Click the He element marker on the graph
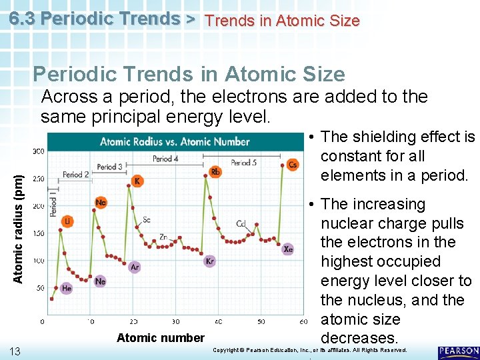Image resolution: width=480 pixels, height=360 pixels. click(x=67, y=288)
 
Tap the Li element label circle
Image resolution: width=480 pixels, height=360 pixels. click(x=68, y=221)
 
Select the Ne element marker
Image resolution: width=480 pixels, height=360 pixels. click(x=100, y=281)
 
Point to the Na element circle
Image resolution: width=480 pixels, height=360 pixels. click(x=101, y=203)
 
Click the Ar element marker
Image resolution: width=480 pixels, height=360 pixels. click(x=134, y=267)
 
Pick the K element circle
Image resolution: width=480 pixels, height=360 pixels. click(x=137, y=181)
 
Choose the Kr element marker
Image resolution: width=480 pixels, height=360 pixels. click(x=210, y=261)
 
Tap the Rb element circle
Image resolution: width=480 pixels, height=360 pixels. click(x=215, y=172)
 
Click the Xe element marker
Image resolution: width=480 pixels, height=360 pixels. click(x=287, y=249)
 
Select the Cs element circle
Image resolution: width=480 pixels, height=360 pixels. click(x=293, y=165)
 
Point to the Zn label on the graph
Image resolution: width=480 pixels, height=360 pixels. click(x=164, y=237)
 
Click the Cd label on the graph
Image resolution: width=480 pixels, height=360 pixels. click(x=242, y=224)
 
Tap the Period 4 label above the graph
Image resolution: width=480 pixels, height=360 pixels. click(x=166, y=159)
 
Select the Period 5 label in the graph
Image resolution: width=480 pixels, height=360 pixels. click(x=244, y=162)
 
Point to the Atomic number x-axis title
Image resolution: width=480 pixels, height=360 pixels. click(x=161, y=338)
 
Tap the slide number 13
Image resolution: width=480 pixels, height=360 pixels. click(x=15, y=351)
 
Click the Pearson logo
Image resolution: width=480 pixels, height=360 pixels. click(x=458, y=353)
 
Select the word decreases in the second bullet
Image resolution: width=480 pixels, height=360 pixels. click(x=359, y=338)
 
